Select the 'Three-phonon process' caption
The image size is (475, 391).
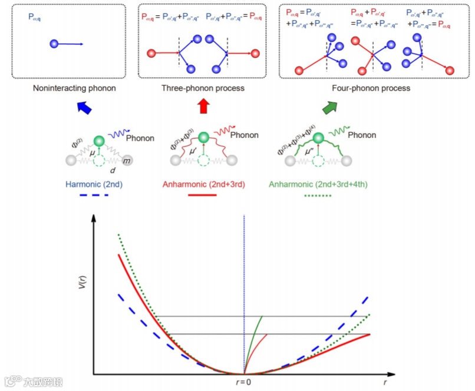click(x=203, y=88)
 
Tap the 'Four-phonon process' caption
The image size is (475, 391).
click(x=370, y=88)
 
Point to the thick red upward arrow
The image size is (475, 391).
click(x=203, y=107)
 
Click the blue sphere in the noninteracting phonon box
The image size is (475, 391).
click(x=54, y=44)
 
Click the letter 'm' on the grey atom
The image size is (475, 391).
click(x=128, y=160)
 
